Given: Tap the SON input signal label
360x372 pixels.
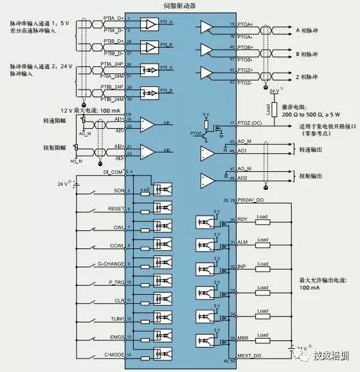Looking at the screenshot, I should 118,191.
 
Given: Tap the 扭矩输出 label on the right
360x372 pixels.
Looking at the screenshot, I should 312,176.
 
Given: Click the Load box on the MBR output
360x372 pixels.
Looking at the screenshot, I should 262,338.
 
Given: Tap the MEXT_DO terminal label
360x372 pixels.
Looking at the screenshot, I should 249,356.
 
